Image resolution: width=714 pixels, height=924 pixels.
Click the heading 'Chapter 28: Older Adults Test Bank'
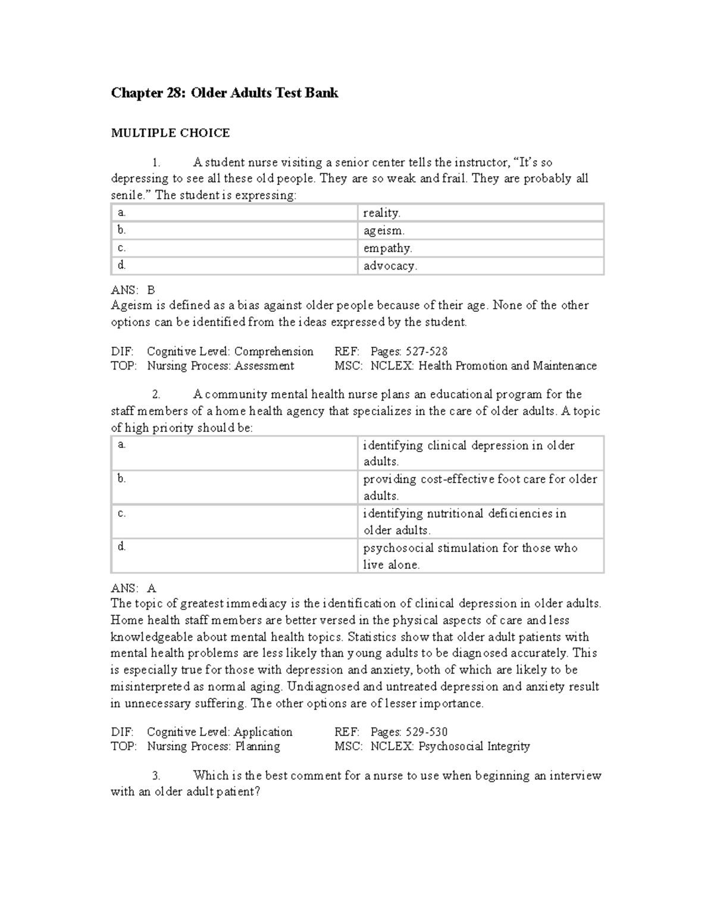coord(224,93)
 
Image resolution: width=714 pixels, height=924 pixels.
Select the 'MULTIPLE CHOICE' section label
coord(170,133)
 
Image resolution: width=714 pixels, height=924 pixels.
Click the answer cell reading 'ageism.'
coord(384,230)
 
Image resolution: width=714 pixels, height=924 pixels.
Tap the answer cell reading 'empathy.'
coord(387,248)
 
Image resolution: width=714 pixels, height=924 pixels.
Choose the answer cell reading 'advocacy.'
coord(390,266)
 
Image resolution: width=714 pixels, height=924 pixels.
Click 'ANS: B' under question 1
coord(133,290)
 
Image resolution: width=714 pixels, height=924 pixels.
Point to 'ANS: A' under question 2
coord(133,588)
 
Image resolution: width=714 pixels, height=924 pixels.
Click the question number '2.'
coord(156,394)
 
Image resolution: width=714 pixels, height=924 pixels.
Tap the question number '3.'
coord(156,775)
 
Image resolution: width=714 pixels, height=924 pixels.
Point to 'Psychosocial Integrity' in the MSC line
coord(474,746)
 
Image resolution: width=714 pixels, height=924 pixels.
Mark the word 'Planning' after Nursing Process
coord(257,746)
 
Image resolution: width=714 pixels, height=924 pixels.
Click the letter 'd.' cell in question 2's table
coord(122,546)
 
